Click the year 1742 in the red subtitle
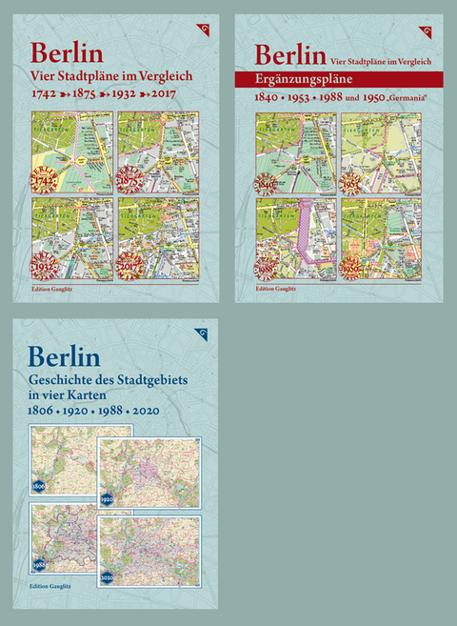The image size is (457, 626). click(x=45, y=96)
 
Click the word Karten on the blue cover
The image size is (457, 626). click(x=93, y=397)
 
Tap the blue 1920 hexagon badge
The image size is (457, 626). click(x=107, y=498)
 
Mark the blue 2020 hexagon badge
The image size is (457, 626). click(x=107, y=577)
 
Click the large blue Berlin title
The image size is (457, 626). click(x=66, y=355)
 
